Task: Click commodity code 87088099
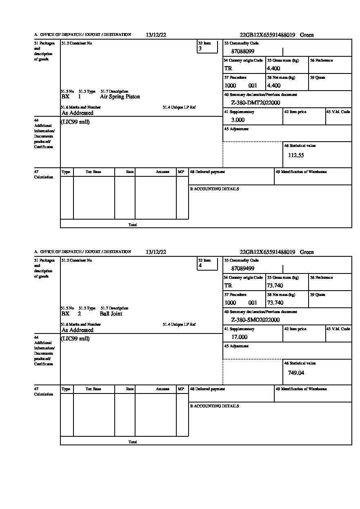click(243, 51)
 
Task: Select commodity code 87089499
click(243, 269)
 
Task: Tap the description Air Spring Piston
click(120, 97)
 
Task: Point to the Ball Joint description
click(111, 314)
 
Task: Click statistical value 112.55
click(296, 155)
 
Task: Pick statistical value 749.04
click(296, 373)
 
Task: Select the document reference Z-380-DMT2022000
click(256, 103)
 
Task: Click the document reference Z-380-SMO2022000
click(256, 320)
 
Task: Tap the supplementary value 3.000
click(238, 120)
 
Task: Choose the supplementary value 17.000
click(239, 337)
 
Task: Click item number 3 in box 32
click(200, 49)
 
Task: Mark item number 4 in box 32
click(200, 266)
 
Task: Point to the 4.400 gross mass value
click(273, 69)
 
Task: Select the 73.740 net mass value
click(275, 303)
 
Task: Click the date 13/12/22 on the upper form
click(156, 35)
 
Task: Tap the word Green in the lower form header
click(307, 252)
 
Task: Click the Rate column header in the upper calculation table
click(130, 172)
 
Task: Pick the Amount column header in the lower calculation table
click(162, 389)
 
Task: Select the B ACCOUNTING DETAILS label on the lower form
click(214, 406)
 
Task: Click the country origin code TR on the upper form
click(228, 69)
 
